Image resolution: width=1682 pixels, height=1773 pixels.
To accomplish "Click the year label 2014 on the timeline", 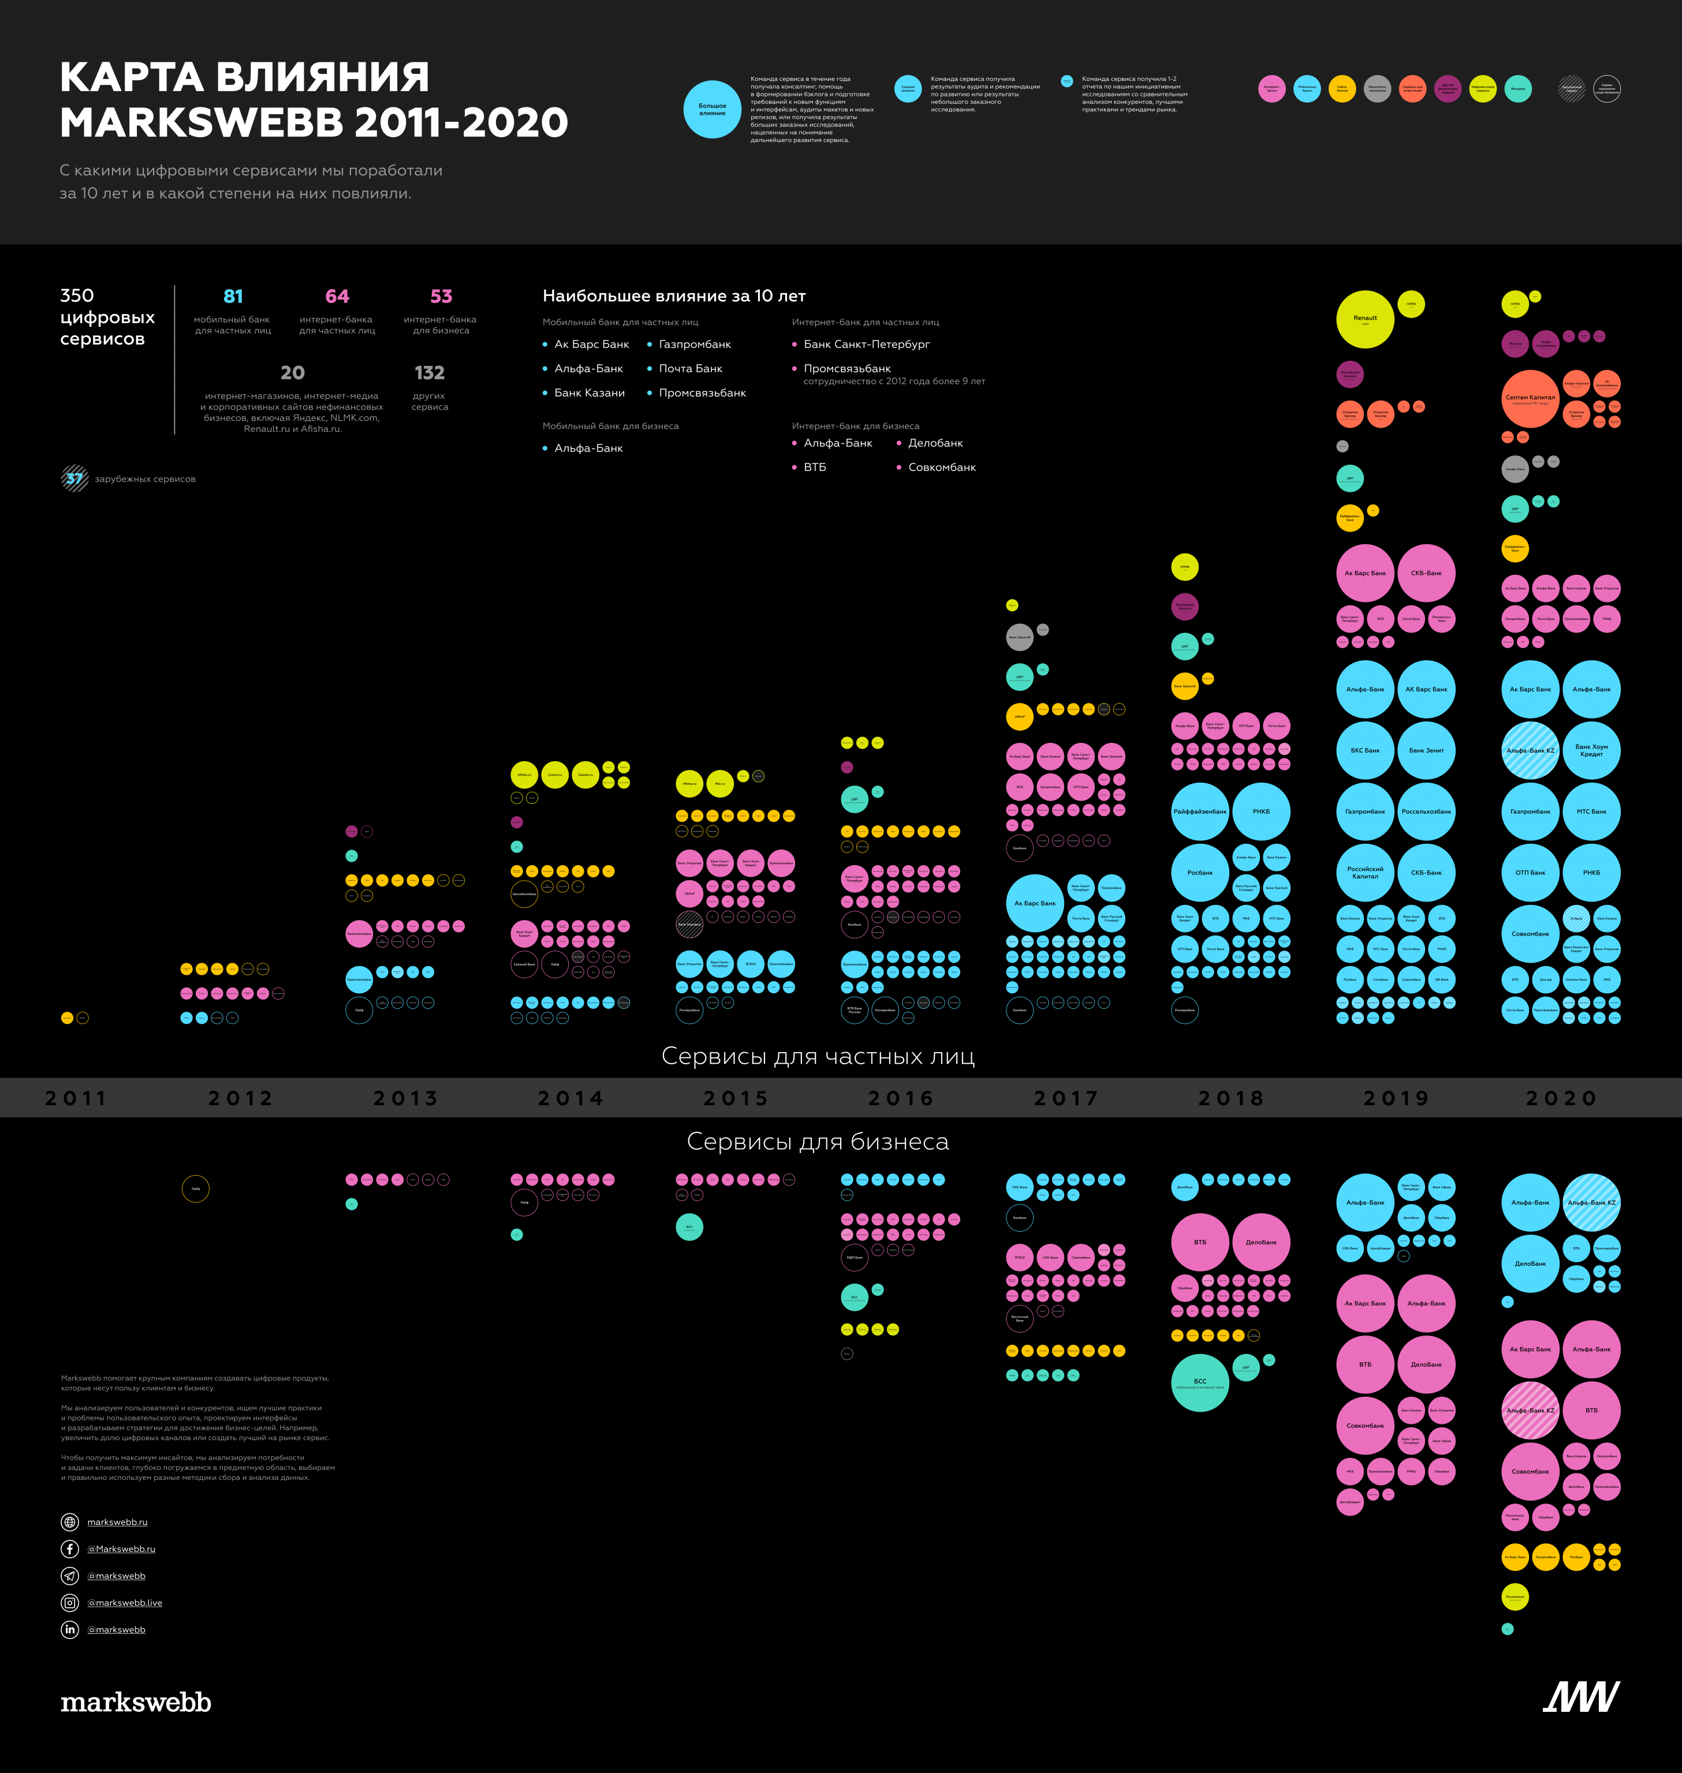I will point(570,1098).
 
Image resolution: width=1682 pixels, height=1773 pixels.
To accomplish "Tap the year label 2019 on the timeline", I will point(1396,1098).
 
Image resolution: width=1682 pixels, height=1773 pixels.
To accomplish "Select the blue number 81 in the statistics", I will point(233,297).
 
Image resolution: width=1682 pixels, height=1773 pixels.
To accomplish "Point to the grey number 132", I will point(430,373).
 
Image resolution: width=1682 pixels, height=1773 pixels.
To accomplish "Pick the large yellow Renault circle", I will point(1364,319).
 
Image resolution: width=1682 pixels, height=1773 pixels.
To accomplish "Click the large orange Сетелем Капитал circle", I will point(1530,399).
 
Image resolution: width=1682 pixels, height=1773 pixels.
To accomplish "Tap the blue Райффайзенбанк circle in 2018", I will point(1200,811).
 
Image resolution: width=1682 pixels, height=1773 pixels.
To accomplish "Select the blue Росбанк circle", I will point(1200,872).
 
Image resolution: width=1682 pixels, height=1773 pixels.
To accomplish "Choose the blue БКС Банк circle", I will point(1364,750).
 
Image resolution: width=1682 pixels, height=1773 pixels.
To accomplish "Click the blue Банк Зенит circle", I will point(1426,750).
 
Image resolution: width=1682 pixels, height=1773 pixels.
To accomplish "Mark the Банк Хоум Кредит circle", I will point(1591,750).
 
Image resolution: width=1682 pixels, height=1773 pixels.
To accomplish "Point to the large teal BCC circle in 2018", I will point(1200,1383).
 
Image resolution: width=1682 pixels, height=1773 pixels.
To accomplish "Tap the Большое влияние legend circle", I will point(712,109).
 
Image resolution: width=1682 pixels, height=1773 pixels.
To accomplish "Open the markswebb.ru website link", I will point(117,1522).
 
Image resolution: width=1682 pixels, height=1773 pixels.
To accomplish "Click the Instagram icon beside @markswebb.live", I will point(70,1603).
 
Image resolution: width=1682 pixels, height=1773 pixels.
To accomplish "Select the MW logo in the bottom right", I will point(1581,1697).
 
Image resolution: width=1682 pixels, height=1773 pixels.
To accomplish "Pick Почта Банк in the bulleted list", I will point(691,368).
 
